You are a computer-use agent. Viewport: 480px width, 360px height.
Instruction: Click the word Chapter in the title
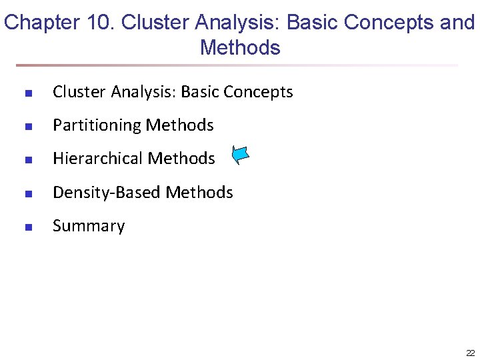point(42,23)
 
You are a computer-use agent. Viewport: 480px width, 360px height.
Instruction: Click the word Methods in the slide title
point(240,48)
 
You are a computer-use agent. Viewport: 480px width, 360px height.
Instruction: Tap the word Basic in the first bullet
point(200,92)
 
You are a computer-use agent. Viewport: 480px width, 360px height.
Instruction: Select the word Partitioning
point(97,125)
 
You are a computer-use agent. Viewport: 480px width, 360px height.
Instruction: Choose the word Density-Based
point(107,193)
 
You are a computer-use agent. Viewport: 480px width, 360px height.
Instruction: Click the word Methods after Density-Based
point(199,193)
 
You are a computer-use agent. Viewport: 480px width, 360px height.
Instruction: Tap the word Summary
point(89,226)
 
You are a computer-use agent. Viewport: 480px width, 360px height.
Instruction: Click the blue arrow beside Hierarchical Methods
point(241,155)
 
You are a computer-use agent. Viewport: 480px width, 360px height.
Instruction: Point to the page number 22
point(470,353)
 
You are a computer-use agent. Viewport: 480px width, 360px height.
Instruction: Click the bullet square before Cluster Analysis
point(28,93)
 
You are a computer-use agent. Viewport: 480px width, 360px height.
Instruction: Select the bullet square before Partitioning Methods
point(28,127)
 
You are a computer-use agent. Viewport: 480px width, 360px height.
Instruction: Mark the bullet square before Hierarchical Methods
point(28,160)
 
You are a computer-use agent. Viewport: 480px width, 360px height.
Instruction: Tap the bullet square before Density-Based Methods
point(28,193)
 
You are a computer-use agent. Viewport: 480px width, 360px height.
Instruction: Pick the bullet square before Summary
point(28,227)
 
